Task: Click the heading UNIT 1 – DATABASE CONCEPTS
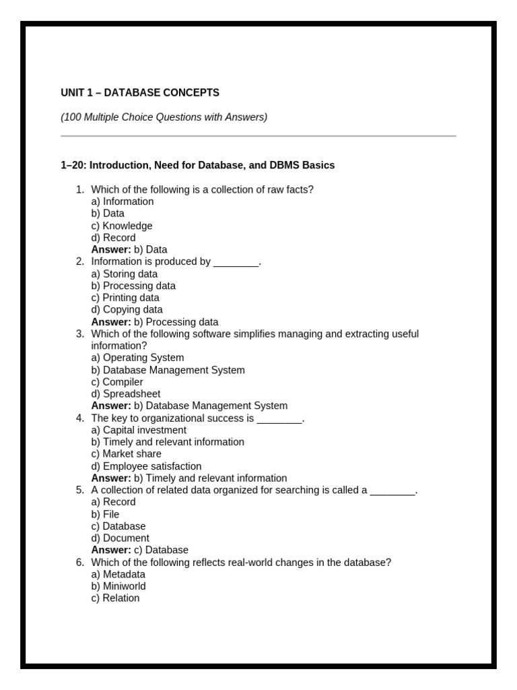(x=140, y=92)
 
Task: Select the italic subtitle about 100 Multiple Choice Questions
(x=164, y=117)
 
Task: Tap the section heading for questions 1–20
(x=197, y=165)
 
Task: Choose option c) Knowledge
(x=122, y=226)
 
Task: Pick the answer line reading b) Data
(x=129, y=249)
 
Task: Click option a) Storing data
(x=125, y=274)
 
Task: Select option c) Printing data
(x=125, y=298)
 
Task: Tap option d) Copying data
(x=127, y=310)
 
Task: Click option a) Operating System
(x=137, y=358)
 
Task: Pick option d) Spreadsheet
(x=126, y=394)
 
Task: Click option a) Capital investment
(x=139, y=430)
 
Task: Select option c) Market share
(x=126, y=454)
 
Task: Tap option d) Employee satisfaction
(x=146, y=466)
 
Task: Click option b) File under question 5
(x=105, y=514)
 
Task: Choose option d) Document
(x=120, y=538)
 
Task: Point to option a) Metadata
(x=118, y=574)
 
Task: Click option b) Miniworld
(x=118, y=586)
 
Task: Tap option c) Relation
(x=116, y=598)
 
